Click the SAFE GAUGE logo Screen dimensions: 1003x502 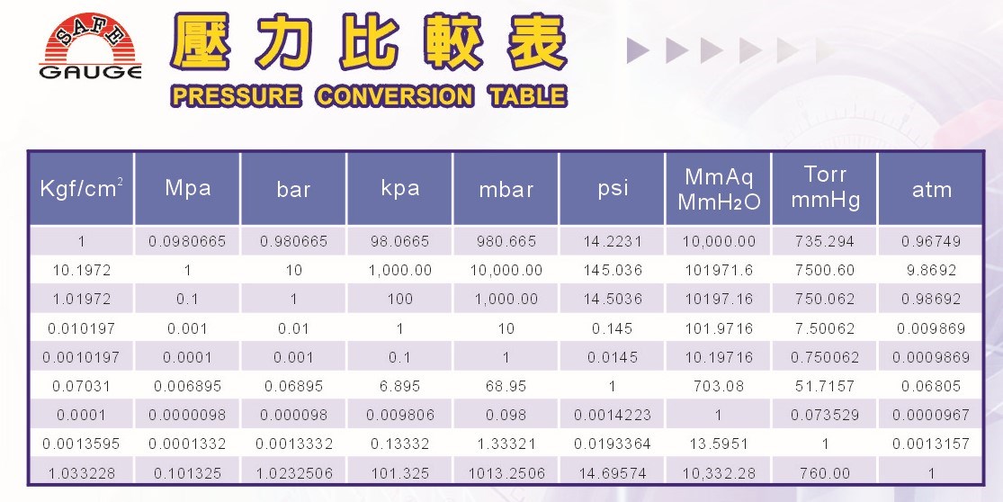[x=90, y=46]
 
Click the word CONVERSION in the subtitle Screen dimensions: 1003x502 [x=395, y=96]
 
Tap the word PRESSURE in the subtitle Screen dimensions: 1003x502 [x=236, y=96]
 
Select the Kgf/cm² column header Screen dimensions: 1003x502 [x=81, y=188]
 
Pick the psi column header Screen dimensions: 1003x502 [x=613, y=189]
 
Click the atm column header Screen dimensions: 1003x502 [x=931, y=189]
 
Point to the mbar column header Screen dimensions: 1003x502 [x=506, y=189]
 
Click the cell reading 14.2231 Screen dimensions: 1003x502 [x=613, y=242]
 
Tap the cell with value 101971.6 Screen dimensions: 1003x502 [x=719, y=270]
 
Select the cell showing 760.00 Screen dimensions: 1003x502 [x=825, y=474]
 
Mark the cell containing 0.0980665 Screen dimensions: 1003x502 [x=187, y=242]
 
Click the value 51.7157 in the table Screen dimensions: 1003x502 [x=825, y=386]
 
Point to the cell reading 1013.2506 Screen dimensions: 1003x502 [x=506, y=474]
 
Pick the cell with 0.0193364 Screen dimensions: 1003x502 [x=613, y=444]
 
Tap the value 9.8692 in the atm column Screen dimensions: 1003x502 [x=931, y=270]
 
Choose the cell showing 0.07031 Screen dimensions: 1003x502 [x=81, y=386]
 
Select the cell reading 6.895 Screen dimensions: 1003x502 [x=399, y=386]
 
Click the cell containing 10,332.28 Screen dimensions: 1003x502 [x=719, y=474]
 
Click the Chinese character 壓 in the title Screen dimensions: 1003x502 [x=201, y=41]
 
